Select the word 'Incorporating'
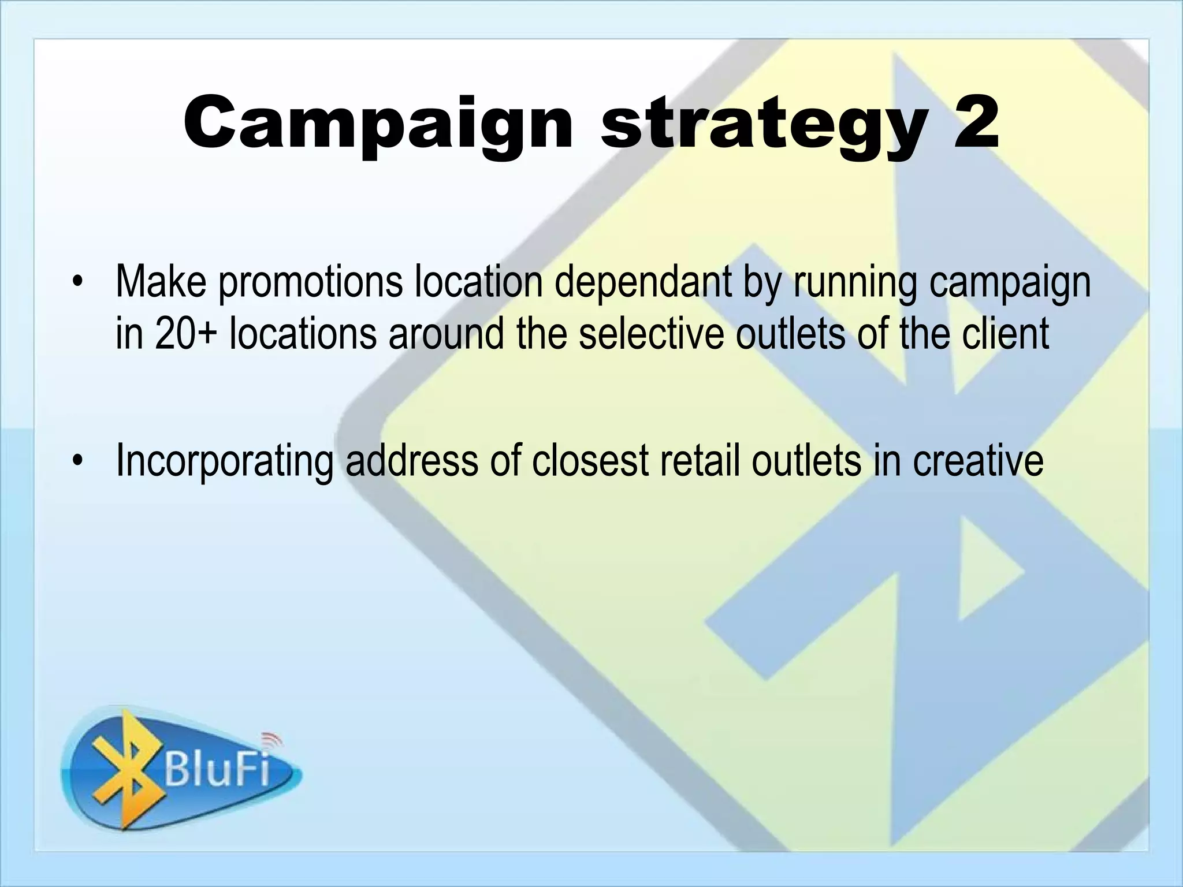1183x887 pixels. pyautogui.click(x=224, y=461)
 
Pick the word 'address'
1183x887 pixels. pyautogui.click(x=411, y=460)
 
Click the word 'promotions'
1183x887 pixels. pyautogui.click(x=310, y=283)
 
